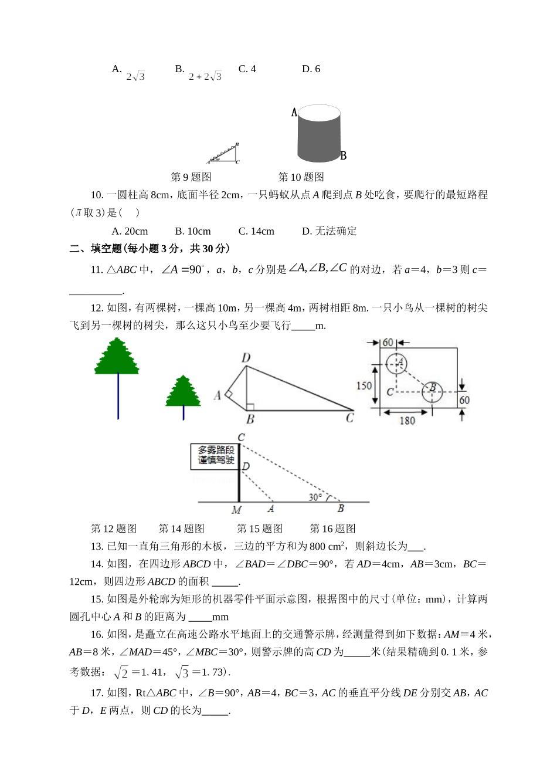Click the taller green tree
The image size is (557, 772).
click(117, 358)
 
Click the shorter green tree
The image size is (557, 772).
click(183, 392)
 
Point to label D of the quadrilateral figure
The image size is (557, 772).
click(246, 358)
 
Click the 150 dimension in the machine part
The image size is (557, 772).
click(364, 385)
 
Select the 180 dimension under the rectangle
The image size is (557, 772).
click(407, 420)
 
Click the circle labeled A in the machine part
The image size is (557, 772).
click(397, 364)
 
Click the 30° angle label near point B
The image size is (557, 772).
click(315, 497)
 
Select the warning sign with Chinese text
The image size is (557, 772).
click(215, 456)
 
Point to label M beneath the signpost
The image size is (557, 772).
click(236, 510)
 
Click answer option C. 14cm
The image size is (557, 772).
click(256, 231)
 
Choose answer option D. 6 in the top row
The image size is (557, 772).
click(311, 69)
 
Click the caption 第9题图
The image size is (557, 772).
click(191, 177)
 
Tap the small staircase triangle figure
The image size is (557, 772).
click(225, 154)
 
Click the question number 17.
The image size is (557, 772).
click(97, 693)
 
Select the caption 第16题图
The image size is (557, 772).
click(332, 529)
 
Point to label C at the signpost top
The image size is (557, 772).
click(241, 438)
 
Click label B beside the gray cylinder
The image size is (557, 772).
click(344, 155)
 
